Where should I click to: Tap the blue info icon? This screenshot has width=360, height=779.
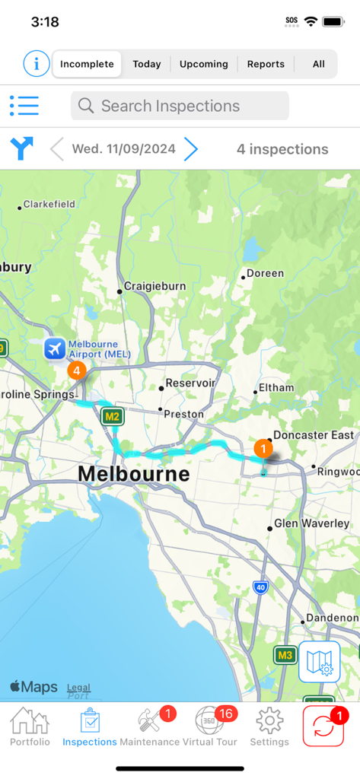pos(36,64)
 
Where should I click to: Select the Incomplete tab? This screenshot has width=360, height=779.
pos(87,65)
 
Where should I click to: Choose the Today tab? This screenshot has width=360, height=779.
pos(147,65)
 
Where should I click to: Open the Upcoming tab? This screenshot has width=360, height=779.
pos(203,65)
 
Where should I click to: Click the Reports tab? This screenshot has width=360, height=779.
pos(266,65)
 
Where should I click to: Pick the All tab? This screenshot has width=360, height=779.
pos(318,65)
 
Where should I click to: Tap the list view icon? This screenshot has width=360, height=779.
pos(24,106)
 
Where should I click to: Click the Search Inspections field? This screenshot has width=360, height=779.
pos(180,106)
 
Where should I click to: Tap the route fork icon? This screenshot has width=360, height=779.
pos(22,149)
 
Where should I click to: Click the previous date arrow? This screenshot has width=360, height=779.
pos(57,149)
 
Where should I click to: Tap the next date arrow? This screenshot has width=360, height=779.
pos(191,149)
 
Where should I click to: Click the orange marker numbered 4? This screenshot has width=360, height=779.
pos(76,370)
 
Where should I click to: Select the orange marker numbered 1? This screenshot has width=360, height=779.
pos(263,449)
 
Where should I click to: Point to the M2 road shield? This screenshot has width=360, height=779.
pos(112,416)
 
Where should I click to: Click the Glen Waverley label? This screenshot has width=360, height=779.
pos(311,523)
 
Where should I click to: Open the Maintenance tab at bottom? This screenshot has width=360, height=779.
pos(149,727)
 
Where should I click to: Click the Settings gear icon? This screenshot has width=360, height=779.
pos(269,727)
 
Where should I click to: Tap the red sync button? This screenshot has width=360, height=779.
pos(323,727)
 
